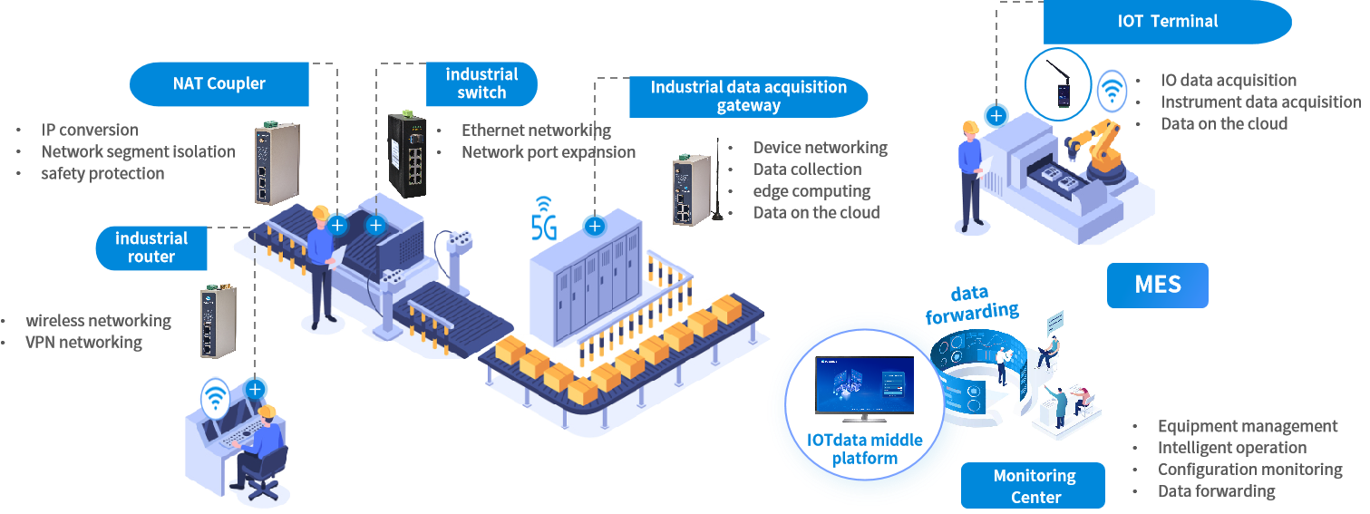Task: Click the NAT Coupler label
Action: tap(219, 83)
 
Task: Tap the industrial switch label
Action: tap(481, 83)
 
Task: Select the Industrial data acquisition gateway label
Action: tap(749, 96)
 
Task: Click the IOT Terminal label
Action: tap(1167, 22)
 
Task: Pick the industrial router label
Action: tap(151, 247)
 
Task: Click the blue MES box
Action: tap(1157, 285)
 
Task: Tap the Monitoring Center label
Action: tap(1034, 486)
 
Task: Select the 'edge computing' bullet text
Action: tap(811, 191)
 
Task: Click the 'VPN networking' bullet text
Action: tap(83, 343)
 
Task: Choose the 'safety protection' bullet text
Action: tap(102, 173)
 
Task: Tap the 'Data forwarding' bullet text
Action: tap(1216, 491)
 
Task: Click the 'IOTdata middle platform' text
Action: tap(864, 449)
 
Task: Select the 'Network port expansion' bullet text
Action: tap(548, 152)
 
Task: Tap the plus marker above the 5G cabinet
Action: tap(595, 226)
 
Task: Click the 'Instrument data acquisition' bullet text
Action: tap(1260, 102)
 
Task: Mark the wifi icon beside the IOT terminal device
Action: tap(1112, 90)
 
